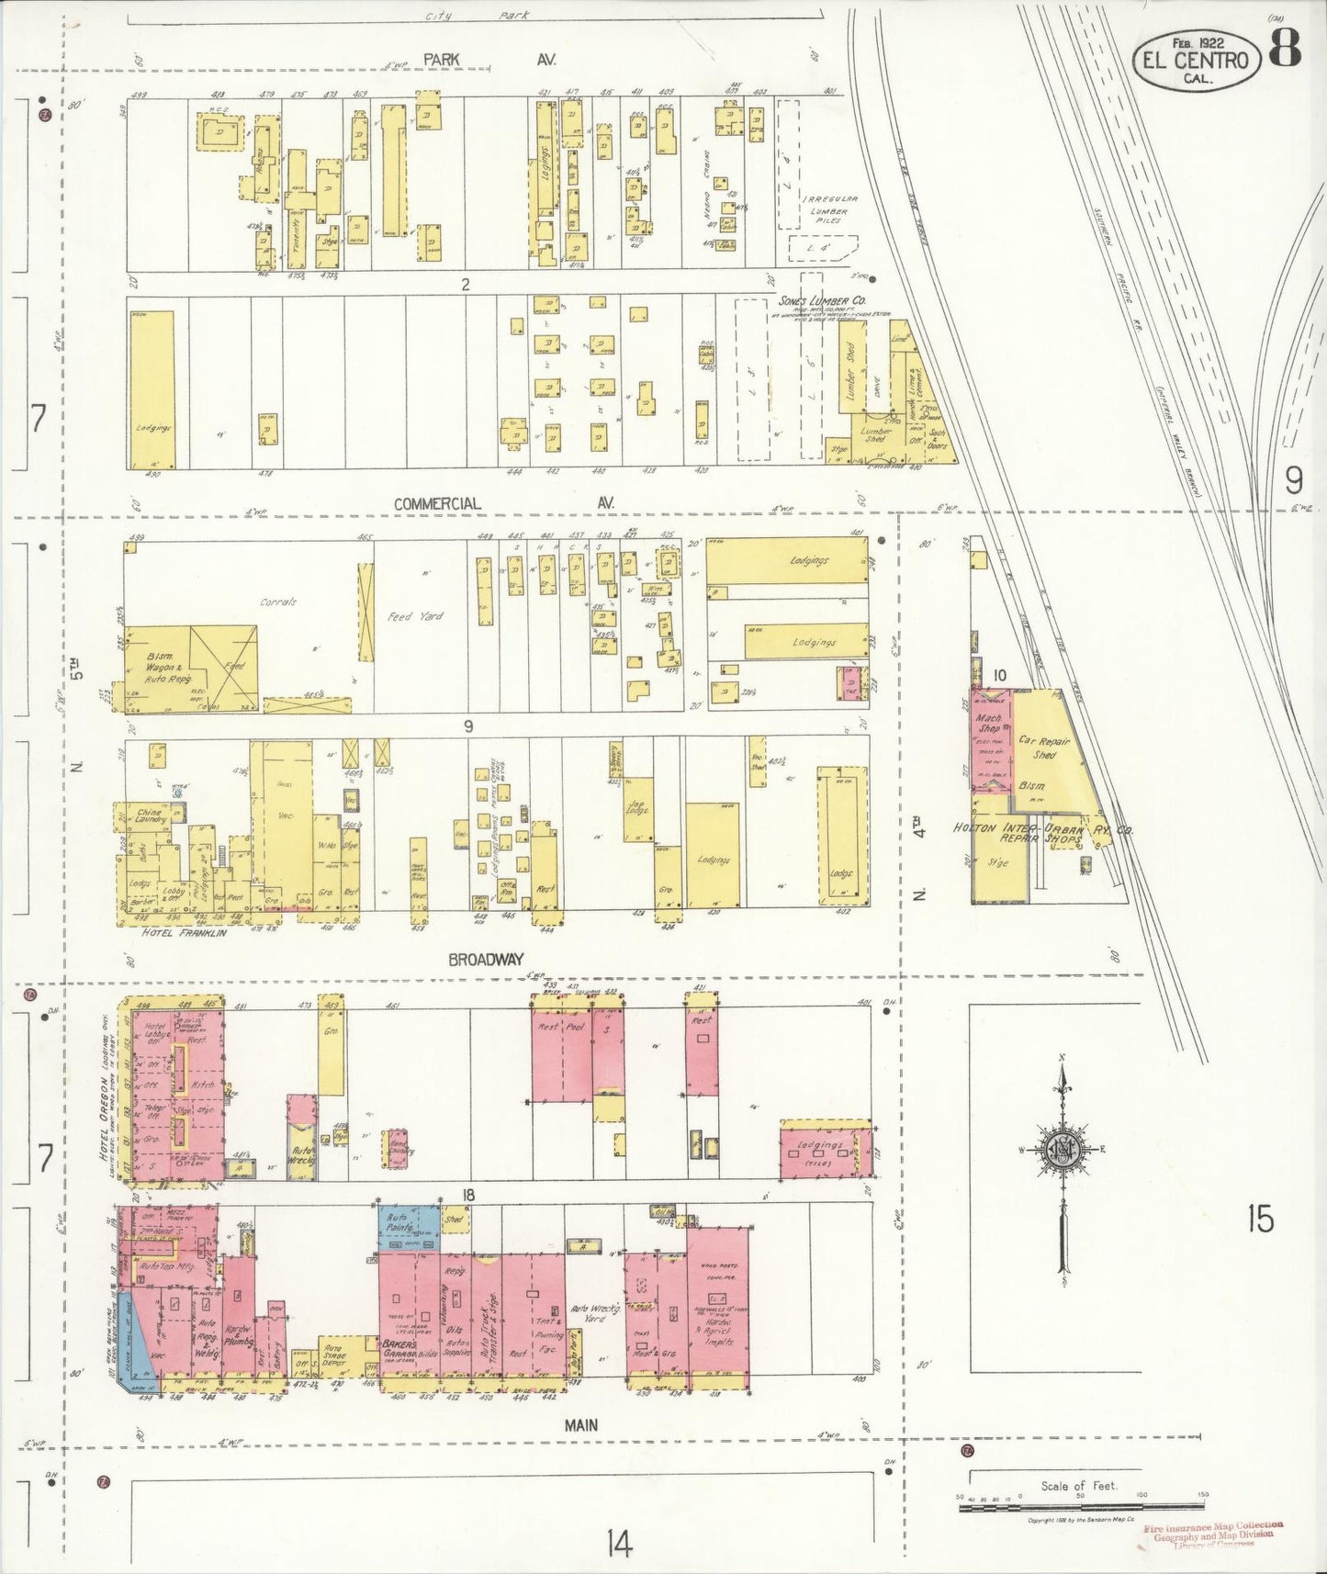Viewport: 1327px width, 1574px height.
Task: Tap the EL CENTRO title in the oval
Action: (1195, 61)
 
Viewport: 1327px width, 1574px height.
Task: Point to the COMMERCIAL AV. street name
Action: (503, 503)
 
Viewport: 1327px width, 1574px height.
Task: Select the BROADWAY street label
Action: (486, 960)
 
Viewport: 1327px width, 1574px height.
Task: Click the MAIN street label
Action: (580, 1424)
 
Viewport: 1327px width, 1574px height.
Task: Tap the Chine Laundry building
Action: (150, 816)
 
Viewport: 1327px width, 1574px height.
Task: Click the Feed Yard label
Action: (415, 616)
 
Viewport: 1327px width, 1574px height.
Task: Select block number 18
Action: (468, 1195)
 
